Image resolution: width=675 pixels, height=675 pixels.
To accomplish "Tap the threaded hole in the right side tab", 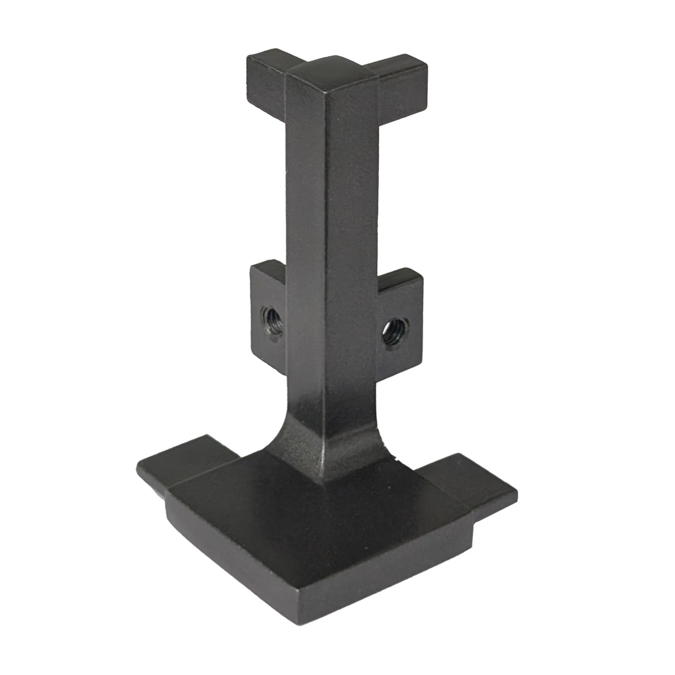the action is (394, 332).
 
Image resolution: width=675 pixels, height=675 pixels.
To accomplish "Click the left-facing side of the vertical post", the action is (305, 250).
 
